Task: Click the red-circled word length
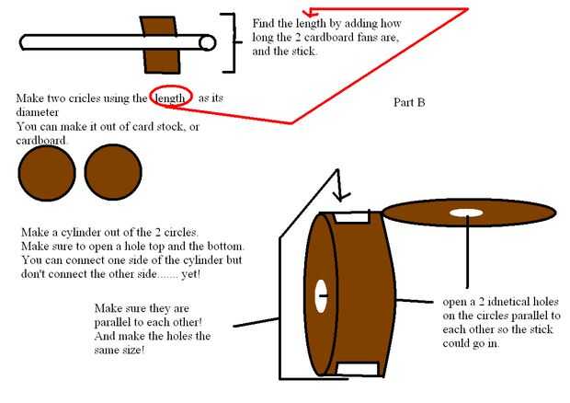(170, 98)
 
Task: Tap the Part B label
(409, 102)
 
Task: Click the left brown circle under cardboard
(47, 172)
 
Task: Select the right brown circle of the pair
(113, 172)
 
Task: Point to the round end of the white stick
(208, 43)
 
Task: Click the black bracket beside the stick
(231, 42)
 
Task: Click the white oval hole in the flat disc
(466, 213)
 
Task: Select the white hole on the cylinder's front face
(321, 295)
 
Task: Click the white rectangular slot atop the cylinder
(352, 217)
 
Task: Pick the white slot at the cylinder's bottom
(358, 368)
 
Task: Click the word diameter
(37, 112)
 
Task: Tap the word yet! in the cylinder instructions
(191, 274)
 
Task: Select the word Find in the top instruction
(263, 23)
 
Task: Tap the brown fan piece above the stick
(159, 26)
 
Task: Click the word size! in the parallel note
(134, 350)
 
